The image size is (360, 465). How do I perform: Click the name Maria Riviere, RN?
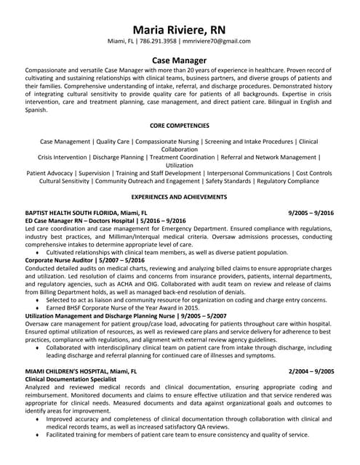point(180,29)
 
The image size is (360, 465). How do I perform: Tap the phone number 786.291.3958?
point(159,41)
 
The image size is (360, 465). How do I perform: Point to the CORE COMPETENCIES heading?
point(180,125)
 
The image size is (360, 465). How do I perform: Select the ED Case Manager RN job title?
point(58,220)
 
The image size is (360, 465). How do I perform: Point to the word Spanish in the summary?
point(37,109)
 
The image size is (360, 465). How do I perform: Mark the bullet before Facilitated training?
point(37,434)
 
